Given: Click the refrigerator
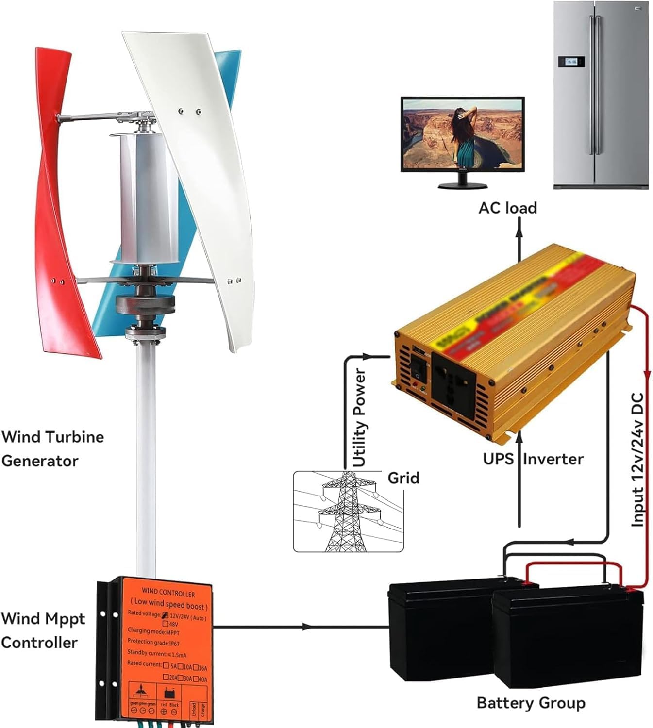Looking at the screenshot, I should click(601, 95).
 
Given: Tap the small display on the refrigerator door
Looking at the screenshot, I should click(570, 62).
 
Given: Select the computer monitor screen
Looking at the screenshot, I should click(462, 133).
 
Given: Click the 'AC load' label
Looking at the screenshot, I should click(507, 208).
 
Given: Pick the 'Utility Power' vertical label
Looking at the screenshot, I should click(359, 417).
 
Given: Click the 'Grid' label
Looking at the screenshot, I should click(403, 478).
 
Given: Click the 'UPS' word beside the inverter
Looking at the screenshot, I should click(498, 459).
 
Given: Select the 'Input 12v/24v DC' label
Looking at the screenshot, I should click(637, 459).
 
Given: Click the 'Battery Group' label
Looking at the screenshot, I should click(531, 703).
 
